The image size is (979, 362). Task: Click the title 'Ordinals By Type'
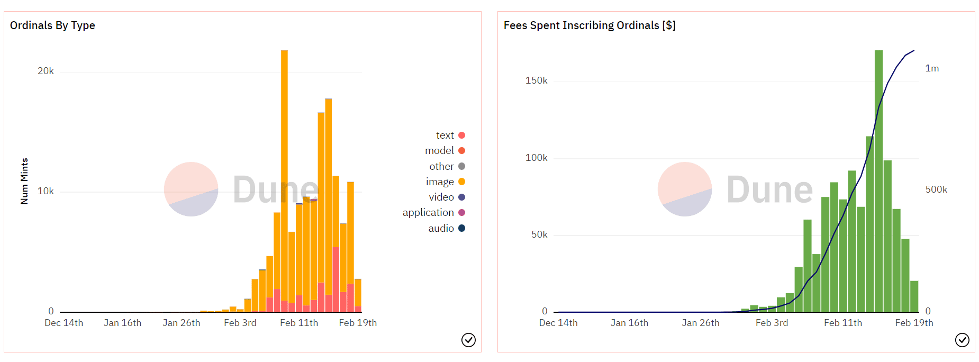coord(52,25)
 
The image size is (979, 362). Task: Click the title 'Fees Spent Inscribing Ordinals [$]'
coord(589,25)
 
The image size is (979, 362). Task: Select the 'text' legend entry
coord(450,135)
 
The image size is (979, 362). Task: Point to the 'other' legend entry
coord(447,167)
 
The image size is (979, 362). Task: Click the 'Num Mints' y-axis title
coord(24,181)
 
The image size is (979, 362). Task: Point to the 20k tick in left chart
coord(46,71)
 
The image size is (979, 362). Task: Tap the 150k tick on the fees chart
coord(536,81)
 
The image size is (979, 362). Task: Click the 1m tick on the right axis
coord(932,69)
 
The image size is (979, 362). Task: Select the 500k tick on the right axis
coord(936,190)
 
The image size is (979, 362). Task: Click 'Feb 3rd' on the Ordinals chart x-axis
coord(240,323)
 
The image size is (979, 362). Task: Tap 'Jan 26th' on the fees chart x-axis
coord(700,323)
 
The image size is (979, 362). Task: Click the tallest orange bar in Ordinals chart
coord(284,159)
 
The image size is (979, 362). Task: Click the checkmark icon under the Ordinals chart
coord(468,340)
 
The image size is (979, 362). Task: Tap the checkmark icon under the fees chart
coord(962,340)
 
